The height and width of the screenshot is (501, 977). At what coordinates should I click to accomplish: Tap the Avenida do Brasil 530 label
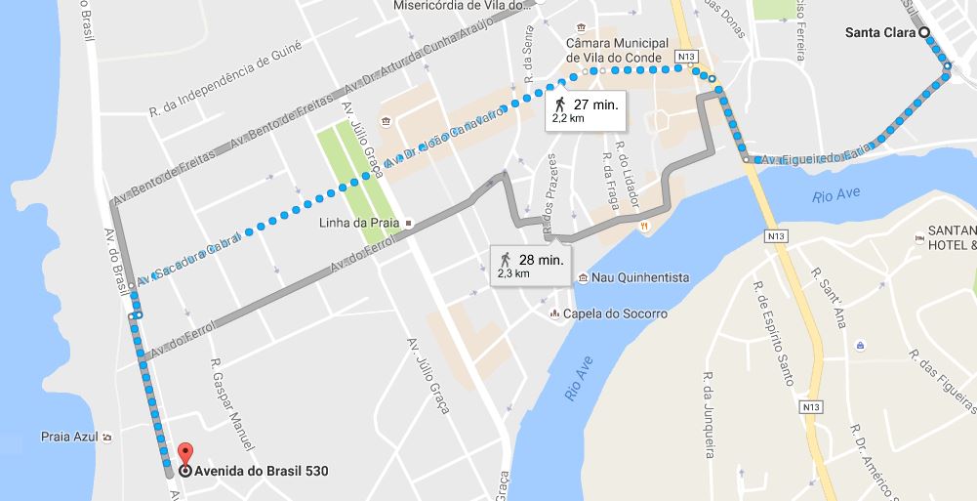coord(262,471)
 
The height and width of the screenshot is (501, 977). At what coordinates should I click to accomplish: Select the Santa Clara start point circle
coord(923,32)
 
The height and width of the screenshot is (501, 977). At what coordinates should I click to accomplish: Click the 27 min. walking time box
coord(584,110)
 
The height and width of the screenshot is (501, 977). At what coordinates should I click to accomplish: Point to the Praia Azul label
coord(70,437)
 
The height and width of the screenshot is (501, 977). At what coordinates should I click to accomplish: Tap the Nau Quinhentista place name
coord(640,278)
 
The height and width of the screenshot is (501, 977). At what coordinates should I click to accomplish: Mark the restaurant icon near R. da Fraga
coord(644,227)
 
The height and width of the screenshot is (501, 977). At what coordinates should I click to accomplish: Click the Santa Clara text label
coord(879,32)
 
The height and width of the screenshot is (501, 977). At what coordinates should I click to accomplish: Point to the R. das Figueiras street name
coord(939,377)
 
